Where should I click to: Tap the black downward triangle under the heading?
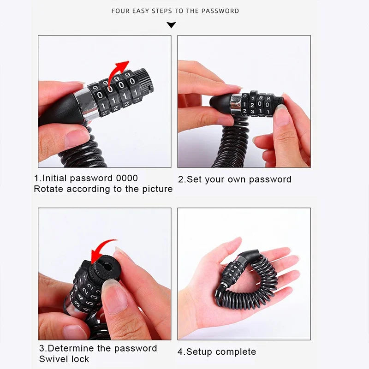point(172,25)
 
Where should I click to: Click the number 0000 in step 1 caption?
point(126,178)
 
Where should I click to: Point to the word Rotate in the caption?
point(48,189)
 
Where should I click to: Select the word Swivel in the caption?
point(52,359)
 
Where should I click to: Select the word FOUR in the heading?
point(120,11)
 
